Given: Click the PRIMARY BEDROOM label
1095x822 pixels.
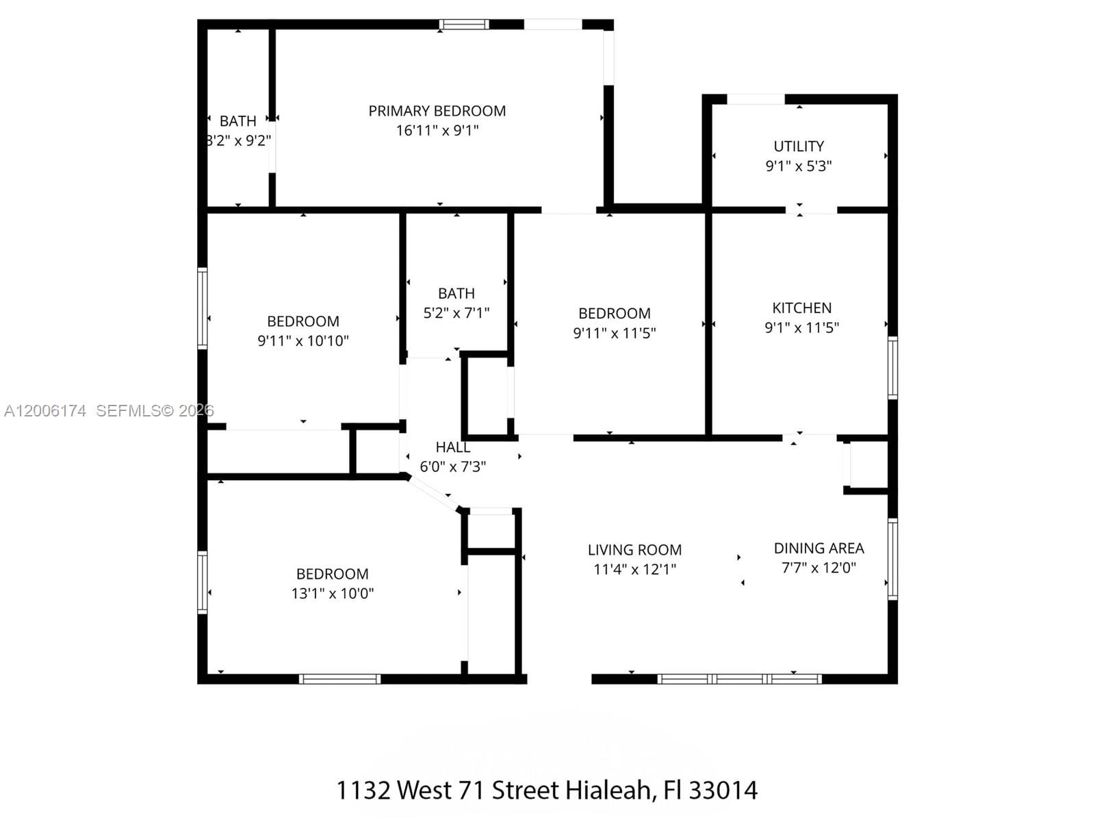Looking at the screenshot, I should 437,111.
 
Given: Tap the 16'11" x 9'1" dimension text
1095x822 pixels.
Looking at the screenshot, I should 437,130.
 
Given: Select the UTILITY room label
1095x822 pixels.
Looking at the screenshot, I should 799,146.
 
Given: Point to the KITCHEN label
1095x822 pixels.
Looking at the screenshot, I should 801,308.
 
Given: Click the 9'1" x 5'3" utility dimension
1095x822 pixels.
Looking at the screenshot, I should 799,166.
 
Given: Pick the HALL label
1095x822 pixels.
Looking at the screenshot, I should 452,447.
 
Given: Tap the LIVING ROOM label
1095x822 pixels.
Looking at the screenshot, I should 634,550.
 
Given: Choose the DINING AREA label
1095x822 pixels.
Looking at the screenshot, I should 819,548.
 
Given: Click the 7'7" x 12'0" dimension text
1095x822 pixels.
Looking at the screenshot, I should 819,567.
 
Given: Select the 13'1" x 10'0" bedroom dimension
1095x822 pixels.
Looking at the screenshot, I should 333,593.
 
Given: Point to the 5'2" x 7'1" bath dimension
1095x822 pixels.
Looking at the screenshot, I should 456,313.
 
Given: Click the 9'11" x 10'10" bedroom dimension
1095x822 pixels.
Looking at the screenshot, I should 303,340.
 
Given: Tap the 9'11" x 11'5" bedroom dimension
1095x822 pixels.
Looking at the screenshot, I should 614,333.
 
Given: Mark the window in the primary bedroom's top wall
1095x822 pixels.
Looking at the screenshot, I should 464,25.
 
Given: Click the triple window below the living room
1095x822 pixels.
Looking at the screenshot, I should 739,679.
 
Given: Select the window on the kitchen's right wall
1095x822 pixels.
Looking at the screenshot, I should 892,368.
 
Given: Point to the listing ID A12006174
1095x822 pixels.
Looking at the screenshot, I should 45,411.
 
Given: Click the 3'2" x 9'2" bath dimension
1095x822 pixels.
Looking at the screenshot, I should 238,140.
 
